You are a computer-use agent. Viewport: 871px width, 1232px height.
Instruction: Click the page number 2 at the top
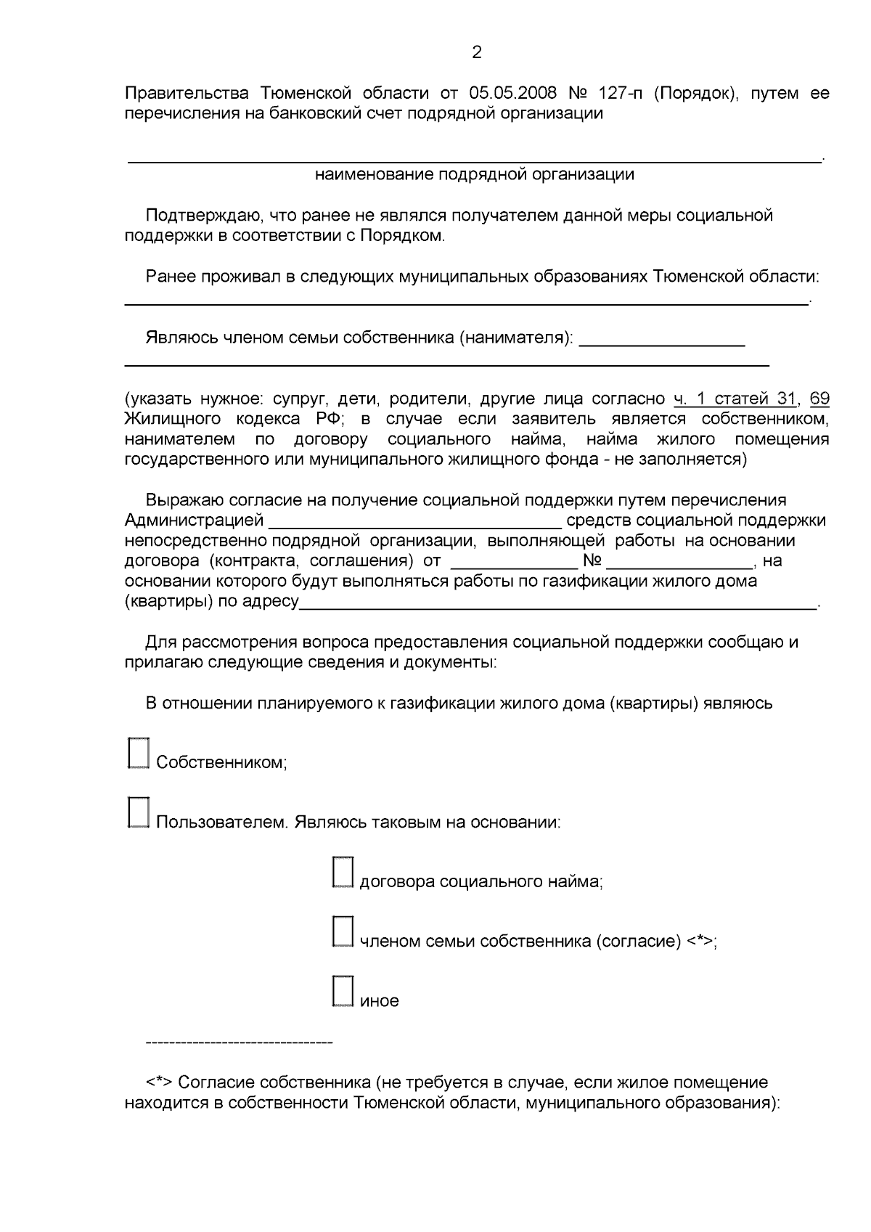pyautogui.click(x=476, y=52)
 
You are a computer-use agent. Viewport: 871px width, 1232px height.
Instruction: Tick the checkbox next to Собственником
pyautogui.click(x=138, y=754)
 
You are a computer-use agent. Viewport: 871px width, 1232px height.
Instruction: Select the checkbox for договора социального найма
pyautogui.click(x=342, y=873)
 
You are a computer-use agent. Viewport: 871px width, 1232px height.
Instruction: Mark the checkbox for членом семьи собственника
pyautogui.click(x=342, y=932)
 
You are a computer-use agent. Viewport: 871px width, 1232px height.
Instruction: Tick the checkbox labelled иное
pyautogui.click(x=342, y=992)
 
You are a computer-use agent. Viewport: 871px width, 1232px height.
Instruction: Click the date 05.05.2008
pyautogui.click(x=513, y=94)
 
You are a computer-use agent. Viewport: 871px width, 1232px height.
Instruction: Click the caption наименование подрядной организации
pyautogui.click(x=475, y=174)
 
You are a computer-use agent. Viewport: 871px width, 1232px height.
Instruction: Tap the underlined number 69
pyautogui.click(x=819, y=399)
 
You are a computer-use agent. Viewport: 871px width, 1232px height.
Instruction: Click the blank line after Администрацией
pyautogui.click(x=415, y=521)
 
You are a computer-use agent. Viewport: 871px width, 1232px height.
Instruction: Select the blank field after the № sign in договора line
pyautogui.click(x=680, y=562)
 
